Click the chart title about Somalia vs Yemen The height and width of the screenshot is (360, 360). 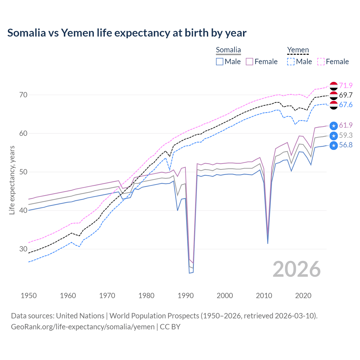pyautogui.click(x=127, y=33)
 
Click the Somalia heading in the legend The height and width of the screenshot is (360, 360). pyautogui.click(x=228, y=50)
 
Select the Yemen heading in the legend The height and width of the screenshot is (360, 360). pyautogui.click(x=298, y=50)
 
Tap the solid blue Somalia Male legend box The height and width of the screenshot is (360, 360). pyautogui.click(x=220, y=62)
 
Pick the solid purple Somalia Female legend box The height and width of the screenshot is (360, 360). pyautogui.click(x=249, y=62)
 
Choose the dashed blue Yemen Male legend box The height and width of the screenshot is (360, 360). pyautogui.click(x=291, y=62)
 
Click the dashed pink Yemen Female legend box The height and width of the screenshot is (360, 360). pyautogui.click(x=321, y=62)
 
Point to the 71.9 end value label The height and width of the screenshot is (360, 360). pyautogui.click(x=346, y=85)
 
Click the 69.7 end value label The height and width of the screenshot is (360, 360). pyautogui.click(x=346, y=95)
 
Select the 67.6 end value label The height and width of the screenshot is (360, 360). pyautogui.click(x=346, y=105)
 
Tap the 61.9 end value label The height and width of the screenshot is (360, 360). pyautogui.click(x=346, y=125)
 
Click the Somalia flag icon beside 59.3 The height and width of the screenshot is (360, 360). pyautogui.click(x=334, y=136)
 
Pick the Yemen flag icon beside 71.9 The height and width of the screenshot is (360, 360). pyautogui.click(x=334, y=86)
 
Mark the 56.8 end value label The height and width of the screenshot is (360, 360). pyautogui.click(x=346, y=145)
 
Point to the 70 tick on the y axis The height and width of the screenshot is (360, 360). pyautogui.click(x=23, y=95)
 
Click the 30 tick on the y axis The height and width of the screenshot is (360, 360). pyautogui.click(x=23, y=249)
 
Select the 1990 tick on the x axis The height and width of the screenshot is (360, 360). pyautogui.click(x=186, y=296)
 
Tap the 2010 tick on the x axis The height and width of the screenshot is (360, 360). pyautogui.click(x=264, y=296)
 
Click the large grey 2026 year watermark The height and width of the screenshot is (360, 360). pyautogui.click(x=296, y=269)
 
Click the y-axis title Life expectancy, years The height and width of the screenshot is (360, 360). pyautogui.click(x=12, y=180)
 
